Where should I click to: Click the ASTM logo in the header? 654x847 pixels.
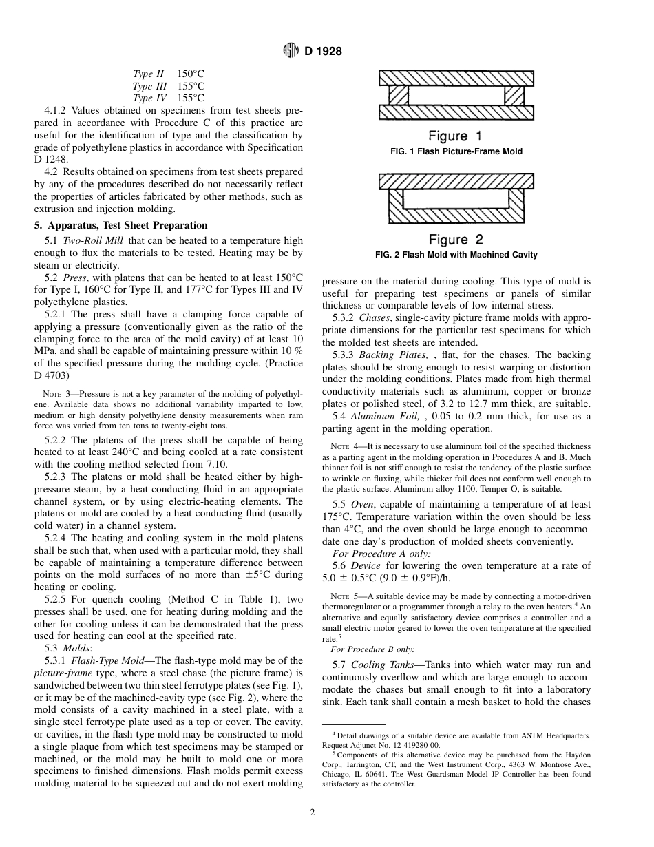coord(292,50)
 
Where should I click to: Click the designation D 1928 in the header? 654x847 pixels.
coord(324,51)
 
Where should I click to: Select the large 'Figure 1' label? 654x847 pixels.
coord(455,136)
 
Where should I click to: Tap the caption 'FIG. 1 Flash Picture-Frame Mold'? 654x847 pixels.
coord(456,151)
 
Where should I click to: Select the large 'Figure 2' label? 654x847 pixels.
coord(456,240)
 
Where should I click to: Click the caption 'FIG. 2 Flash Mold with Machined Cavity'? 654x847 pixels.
coord(456,255)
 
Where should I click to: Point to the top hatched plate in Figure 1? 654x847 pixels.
coord(456,78)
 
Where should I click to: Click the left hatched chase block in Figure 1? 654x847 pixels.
coord(398,95)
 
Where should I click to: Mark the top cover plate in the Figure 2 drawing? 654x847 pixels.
coord(456,180)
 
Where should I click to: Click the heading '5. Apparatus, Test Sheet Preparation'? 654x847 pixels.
coord(120,225)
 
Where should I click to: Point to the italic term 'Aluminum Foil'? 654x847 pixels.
coord(385,416)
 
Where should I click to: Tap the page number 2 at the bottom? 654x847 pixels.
coord(312,813)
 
